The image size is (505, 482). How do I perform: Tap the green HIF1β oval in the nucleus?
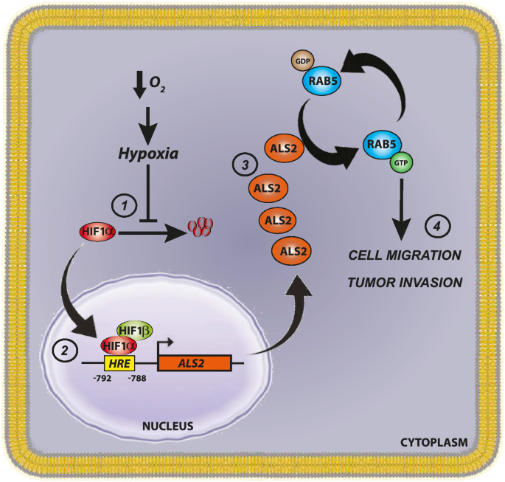coord(133,331)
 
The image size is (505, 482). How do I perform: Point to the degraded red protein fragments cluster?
coord(201,227)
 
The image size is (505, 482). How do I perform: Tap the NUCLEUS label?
coord(169,426)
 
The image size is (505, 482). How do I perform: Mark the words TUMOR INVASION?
coord(405,282)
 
